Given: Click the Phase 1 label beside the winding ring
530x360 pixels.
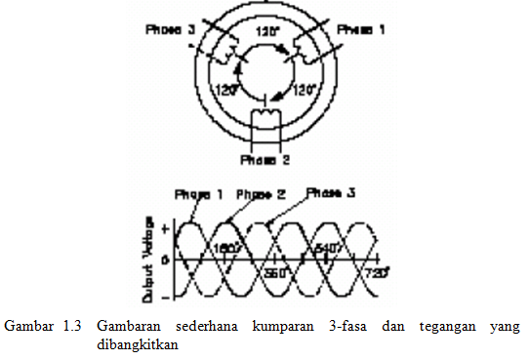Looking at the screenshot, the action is [361, 30].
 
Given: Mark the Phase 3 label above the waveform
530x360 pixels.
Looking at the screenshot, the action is [331, 193].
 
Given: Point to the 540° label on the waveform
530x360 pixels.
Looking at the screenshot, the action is [326, 249].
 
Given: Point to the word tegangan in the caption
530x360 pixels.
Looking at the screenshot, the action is [445, 325].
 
